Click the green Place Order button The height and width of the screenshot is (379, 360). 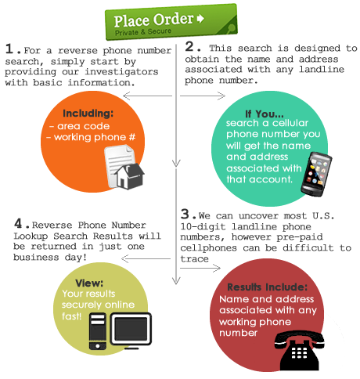pyautogui.click(x=171, y=22)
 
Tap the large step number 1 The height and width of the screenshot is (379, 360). pyautogui.click(x=9, y=49)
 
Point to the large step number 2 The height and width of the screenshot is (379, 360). pyautogui.click(x=189, y=46)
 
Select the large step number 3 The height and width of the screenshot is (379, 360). pyautogui.click(x=185, y=214)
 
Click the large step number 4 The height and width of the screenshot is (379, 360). pyautogui.click(x=18, y=223)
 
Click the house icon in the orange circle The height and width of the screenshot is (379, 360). pyautogui.click(x=130, y=176)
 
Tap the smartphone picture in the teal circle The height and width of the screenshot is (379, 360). pyautogui.click(x=316, y=174)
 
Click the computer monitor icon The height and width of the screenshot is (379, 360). pyautogui.click(x=131, y=330)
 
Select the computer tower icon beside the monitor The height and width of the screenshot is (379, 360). pyautogui.click(x=98, y=331)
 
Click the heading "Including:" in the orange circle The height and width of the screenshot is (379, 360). pyautogui.click(x=88, y=114)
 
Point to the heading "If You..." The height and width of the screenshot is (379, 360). pyautogui.click(x=265, y=114)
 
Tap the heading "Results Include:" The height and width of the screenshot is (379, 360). pyautogui.click(x=267, y=287)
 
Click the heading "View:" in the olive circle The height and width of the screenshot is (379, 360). pyautogui.click(x=89, y=283)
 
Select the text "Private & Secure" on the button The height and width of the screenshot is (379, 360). pyautogui.click(x=143, y=32)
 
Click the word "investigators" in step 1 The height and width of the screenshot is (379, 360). pyautogui.click(x=121, y=72)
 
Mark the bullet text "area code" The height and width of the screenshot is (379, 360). pyautogui.click(x=84, y=126)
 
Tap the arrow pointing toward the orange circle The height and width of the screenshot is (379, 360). pyautogui.click(x=148, y=96)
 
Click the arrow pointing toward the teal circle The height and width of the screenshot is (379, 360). pyautogui.click(x=203, y=96)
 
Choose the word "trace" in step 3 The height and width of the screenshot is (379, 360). pyautogui.click(x=194, y=259)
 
